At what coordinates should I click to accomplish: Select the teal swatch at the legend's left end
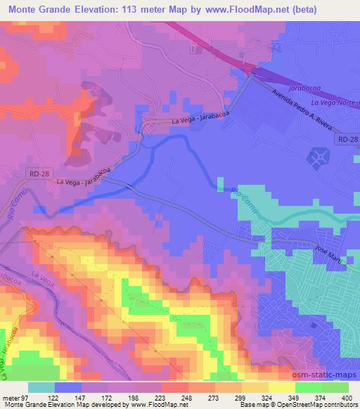[41, 387]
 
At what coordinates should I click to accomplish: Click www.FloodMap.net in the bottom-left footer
[150, 405]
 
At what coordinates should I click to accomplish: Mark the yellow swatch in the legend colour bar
[281, 387]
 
